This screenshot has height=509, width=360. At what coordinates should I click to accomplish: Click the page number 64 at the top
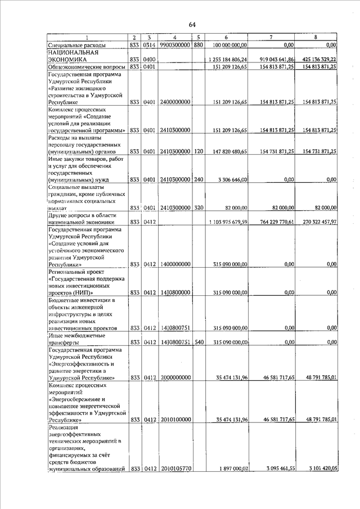(191, 24)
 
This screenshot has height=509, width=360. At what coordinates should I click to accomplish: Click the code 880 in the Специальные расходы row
(198, 44)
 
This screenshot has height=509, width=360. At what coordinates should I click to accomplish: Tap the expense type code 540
(198, 342)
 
